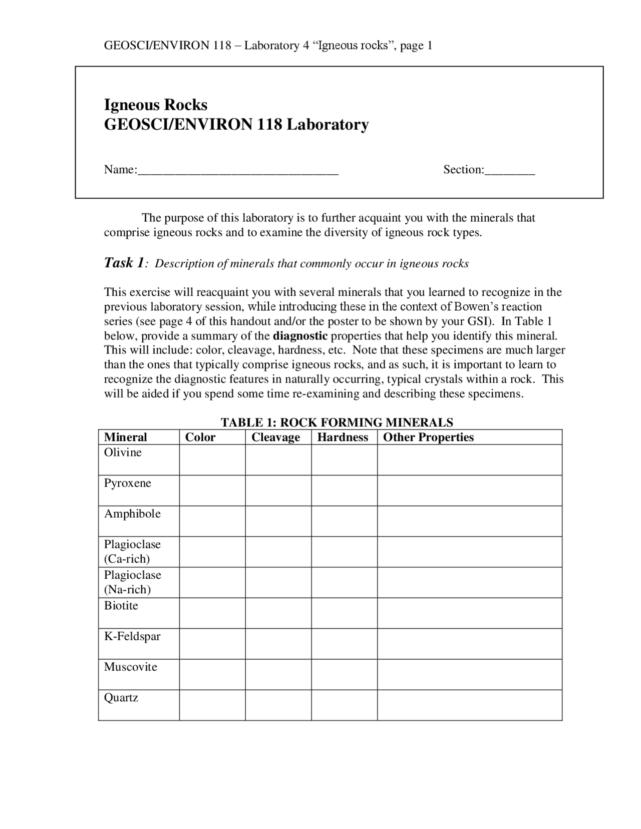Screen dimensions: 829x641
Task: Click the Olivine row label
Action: (123, 453)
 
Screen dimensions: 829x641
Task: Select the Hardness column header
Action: (343, 438)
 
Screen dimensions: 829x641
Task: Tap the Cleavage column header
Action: (275, 438)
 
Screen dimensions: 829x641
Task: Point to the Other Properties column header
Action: (428, 438)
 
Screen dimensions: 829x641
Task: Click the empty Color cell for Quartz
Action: (212, 705)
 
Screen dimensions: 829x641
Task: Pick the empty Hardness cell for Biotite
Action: (344, 613)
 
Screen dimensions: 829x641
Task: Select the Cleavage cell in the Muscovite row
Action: (278, 674)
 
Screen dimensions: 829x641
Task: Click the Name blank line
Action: (238, 170)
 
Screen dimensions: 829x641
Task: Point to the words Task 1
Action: (124, 263)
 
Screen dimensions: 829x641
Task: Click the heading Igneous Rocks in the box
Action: (155, 105)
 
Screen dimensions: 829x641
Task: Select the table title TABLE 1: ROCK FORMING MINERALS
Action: (337, 423)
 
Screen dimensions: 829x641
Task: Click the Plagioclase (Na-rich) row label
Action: (132, 582)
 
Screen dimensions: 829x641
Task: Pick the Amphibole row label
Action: (132, 514)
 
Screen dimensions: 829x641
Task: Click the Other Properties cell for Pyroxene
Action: (469, 490)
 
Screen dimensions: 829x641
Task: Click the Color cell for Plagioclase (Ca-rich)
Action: (212, 552)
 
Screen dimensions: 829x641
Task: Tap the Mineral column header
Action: (125, 438)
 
